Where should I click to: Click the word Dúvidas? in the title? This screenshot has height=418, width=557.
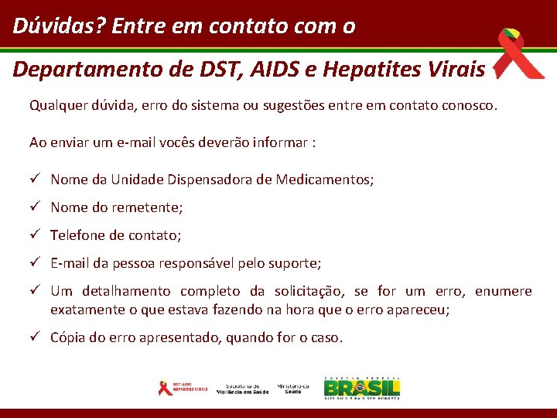59,26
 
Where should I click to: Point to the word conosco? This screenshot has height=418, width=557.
466,104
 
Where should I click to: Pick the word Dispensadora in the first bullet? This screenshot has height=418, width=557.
210,180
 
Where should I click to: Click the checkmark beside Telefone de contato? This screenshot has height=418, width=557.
35,235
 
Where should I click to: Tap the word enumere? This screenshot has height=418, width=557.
503,291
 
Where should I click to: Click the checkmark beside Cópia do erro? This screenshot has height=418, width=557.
35,337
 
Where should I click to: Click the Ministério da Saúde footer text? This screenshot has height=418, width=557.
293,388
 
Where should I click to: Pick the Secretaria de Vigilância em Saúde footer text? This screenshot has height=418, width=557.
243,388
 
